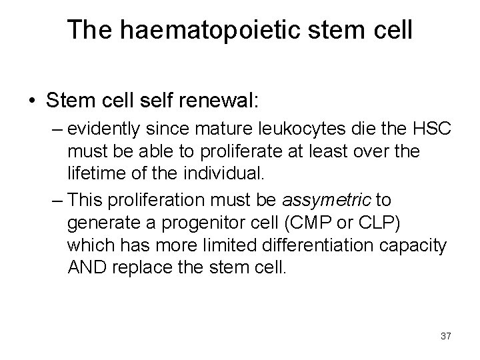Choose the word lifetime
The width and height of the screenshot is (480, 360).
pos(95,173)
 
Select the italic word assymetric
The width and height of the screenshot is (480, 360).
pos(327,200)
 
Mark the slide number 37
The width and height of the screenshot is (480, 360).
pos(445,335)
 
